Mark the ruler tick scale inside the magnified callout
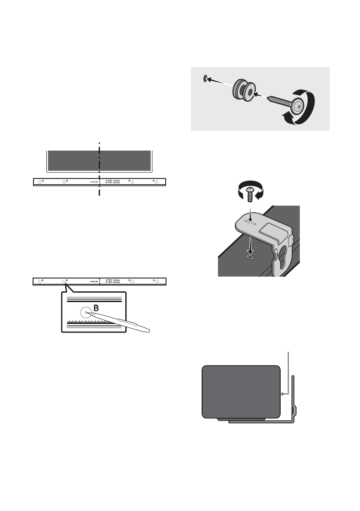[90, 321]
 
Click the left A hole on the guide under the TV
[39, 182]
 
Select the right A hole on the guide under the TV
[157, 182]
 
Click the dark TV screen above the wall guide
[99, 160]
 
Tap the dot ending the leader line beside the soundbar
[283, 393]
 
